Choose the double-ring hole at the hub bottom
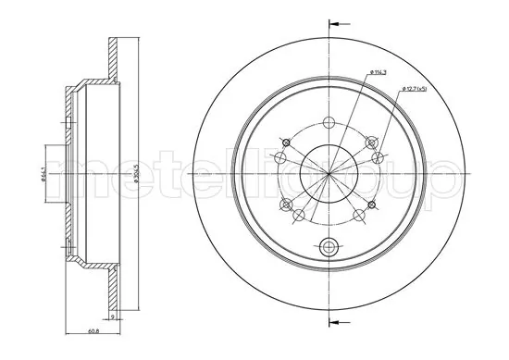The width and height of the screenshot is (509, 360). (x=329, y=247)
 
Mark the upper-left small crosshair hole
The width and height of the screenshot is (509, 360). (x=286, y=142)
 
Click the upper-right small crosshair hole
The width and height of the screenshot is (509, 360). (x=372, y=142)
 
